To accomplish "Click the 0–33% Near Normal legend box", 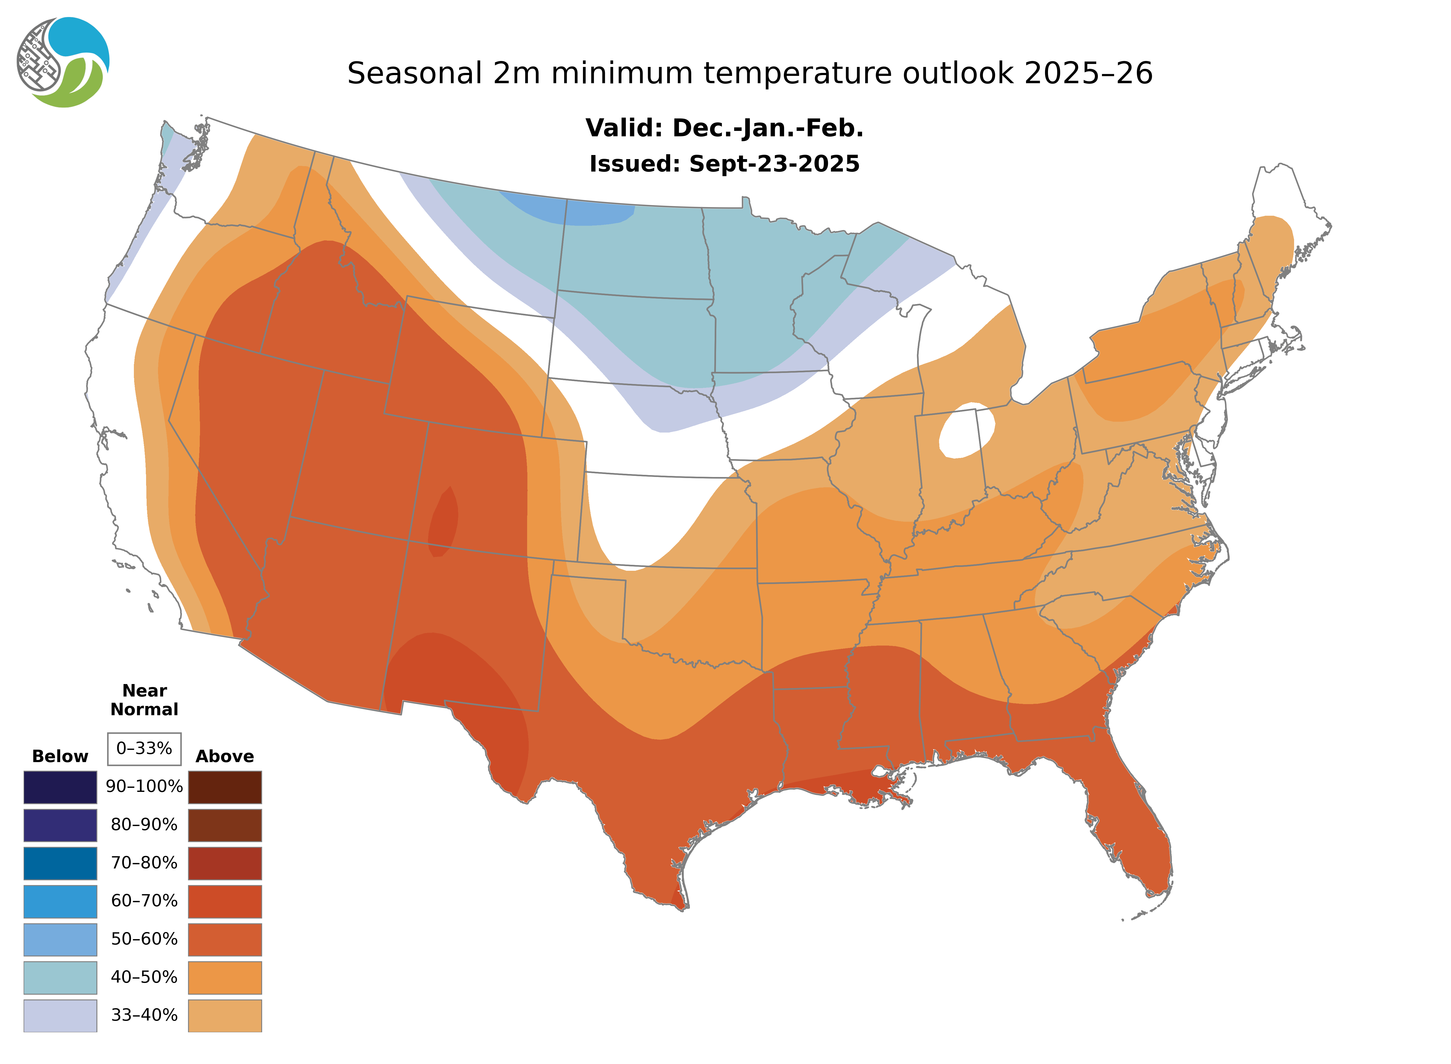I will tap(144, 749).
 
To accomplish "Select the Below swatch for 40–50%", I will tap(60, 977).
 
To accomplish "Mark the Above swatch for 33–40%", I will tap(225, 1015).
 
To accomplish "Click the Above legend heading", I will tap(225, 756).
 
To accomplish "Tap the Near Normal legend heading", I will tap(144, 700).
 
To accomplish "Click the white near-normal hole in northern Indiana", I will tap(966, 430).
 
